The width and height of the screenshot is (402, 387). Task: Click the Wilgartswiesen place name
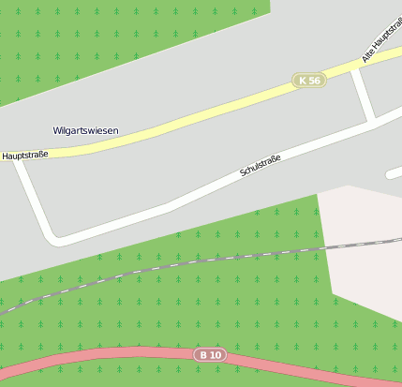(x=86, y=130)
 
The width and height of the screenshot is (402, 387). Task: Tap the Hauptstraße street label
(x=25, y=155)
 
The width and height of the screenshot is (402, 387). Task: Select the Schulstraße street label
(x=261, y=165)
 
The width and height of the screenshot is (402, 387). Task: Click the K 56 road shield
(x=308, y=81)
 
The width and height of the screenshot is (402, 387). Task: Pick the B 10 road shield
(x=211, y=354)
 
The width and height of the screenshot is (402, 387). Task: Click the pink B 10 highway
(x=112, y=357)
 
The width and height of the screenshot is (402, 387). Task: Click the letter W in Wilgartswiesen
(x=57, y=130)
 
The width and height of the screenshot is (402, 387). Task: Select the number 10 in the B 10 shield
(x=216, y=354)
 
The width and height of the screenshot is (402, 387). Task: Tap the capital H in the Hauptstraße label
(x=6, y=156)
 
